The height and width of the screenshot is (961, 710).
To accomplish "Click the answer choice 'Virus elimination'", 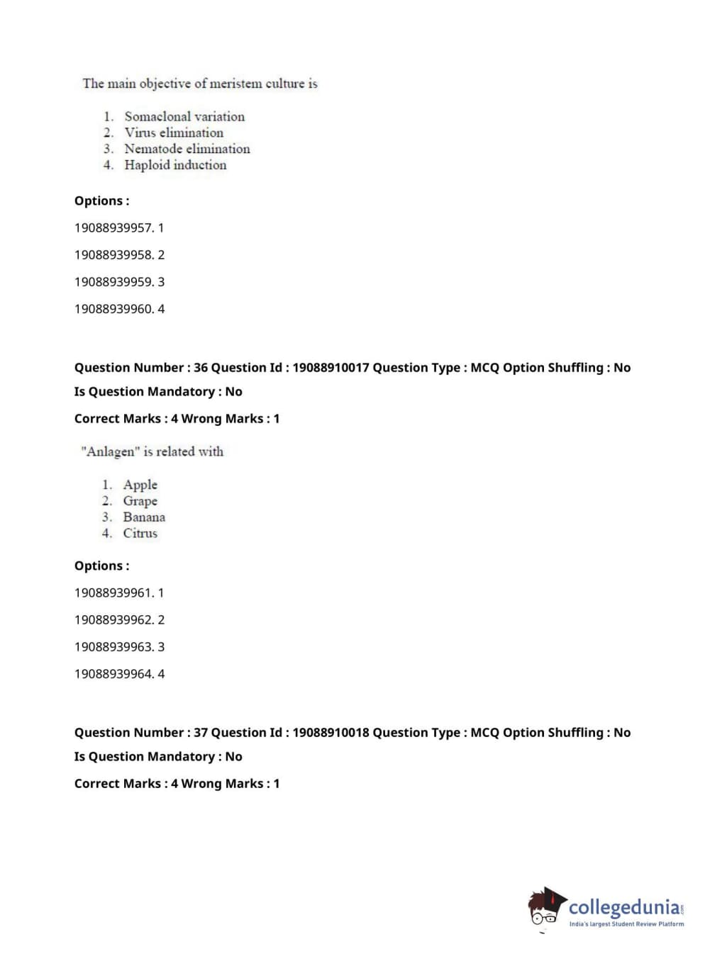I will click(174, 133).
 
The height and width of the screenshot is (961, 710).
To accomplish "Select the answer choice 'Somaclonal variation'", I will click(184, 116).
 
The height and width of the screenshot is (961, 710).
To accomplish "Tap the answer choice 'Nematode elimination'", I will click(187, 149).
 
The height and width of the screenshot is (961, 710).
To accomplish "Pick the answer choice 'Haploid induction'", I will click(175, 165).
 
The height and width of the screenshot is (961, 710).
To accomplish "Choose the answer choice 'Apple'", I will click(140, 485).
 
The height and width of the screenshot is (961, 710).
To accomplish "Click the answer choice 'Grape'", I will click(140, 501).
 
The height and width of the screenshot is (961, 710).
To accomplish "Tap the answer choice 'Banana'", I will click(144, 517).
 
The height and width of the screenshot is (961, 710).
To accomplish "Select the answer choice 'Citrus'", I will click(140, 534).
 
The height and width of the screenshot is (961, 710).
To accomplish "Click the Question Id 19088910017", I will click(331, 368).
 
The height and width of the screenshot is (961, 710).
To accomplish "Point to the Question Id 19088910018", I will click(331, 733).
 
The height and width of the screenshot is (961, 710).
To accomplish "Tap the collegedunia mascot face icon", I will click(545, 907).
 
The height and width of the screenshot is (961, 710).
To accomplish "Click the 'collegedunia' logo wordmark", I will click(623, 906).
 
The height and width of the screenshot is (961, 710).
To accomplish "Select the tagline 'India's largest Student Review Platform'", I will click(626, 924).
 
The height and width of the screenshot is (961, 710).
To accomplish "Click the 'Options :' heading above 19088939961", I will click(102, 566).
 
